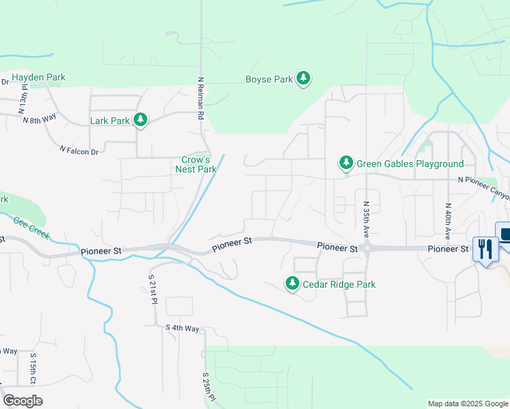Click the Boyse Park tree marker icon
[303, 79]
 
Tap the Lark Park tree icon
[140, 121]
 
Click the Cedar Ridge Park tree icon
[292, 284]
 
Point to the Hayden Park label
[38, 78]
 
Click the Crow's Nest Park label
[196, 164]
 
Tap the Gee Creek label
[31, 228]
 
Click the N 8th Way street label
[40, 119]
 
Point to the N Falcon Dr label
[79, 150]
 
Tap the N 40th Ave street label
[448, 220]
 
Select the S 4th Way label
[182, 329]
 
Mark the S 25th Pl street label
[207, 387]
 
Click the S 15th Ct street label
[33, 368]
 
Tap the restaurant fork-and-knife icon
[485, 249]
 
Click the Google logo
[22, 401]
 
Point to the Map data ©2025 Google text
[468, 404]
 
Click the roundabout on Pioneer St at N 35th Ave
[367, 249]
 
